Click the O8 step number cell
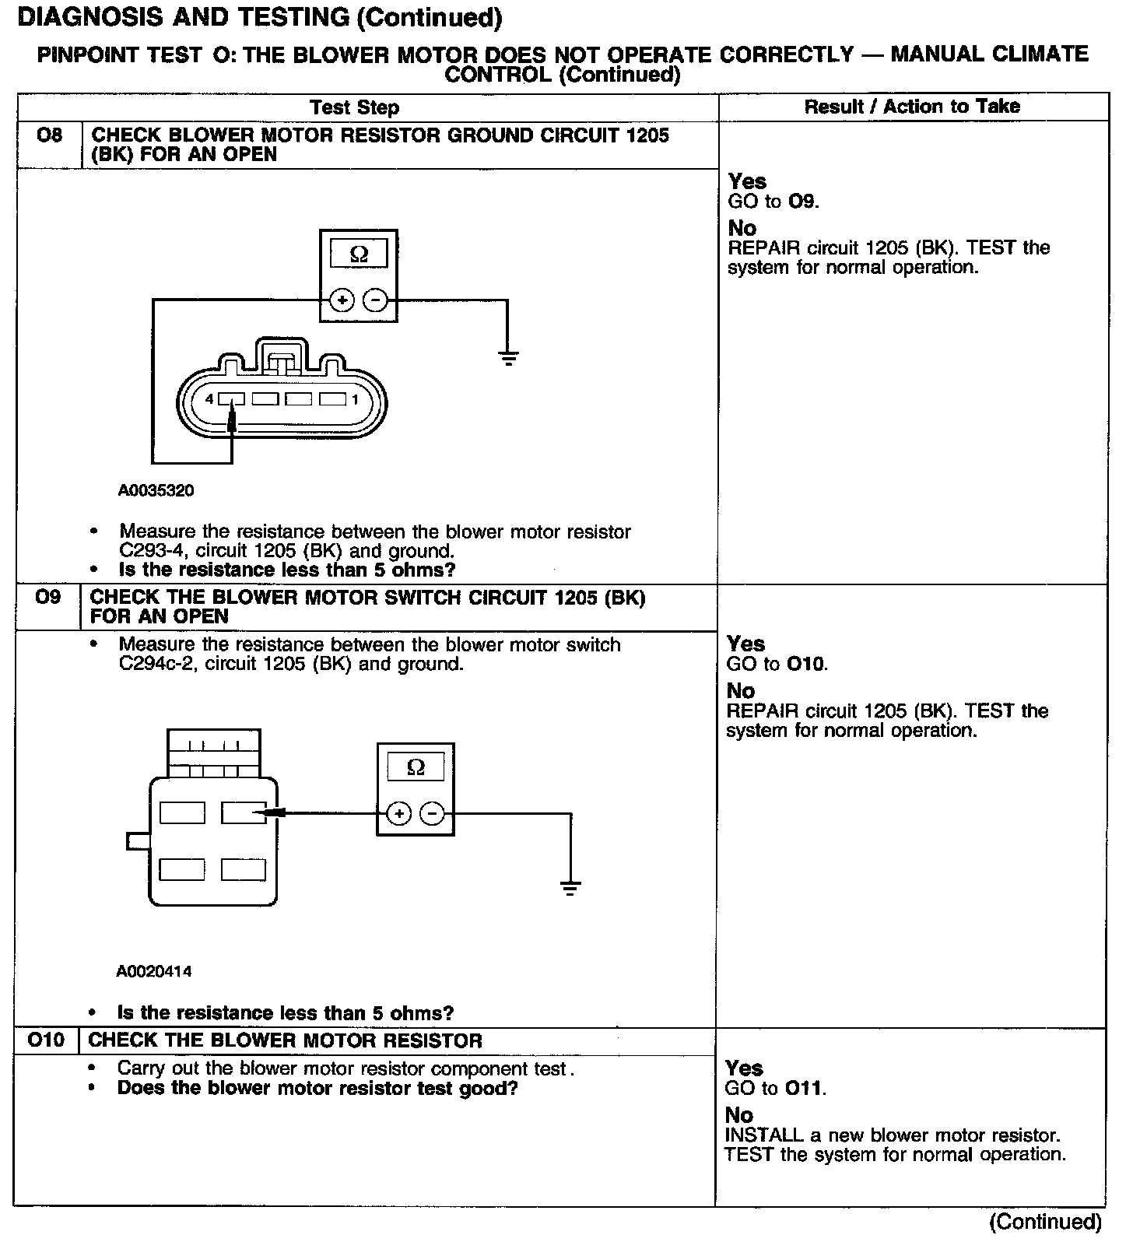point(48,136)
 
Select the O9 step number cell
point(47,598)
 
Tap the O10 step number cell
point(46,1040)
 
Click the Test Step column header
point(354,107)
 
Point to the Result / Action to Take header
point(911,107)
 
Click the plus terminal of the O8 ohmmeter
point(342,300)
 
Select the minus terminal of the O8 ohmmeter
point(376,300)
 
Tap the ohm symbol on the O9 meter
point(416,767)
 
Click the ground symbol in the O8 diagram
point(508,358)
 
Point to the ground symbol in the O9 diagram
point(570,888)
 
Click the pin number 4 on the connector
point(209,399)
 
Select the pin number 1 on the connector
point(355,399)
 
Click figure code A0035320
point(156,491)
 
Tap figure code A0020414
point(154,971)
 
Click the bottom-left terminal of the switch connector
point(182,869)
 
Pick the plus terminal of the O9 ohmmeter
point(398,814)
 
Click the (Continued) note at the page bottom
point(1045,1222)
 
